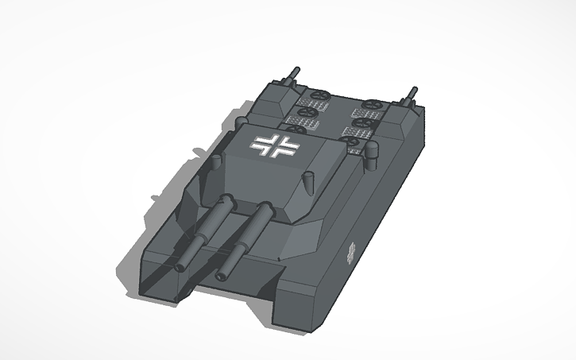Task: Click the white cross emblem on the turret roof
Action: point(274,145)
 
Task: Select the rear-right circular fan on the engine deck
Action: point(374,106)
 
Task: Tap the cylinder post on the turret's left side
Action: point(215,165)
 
